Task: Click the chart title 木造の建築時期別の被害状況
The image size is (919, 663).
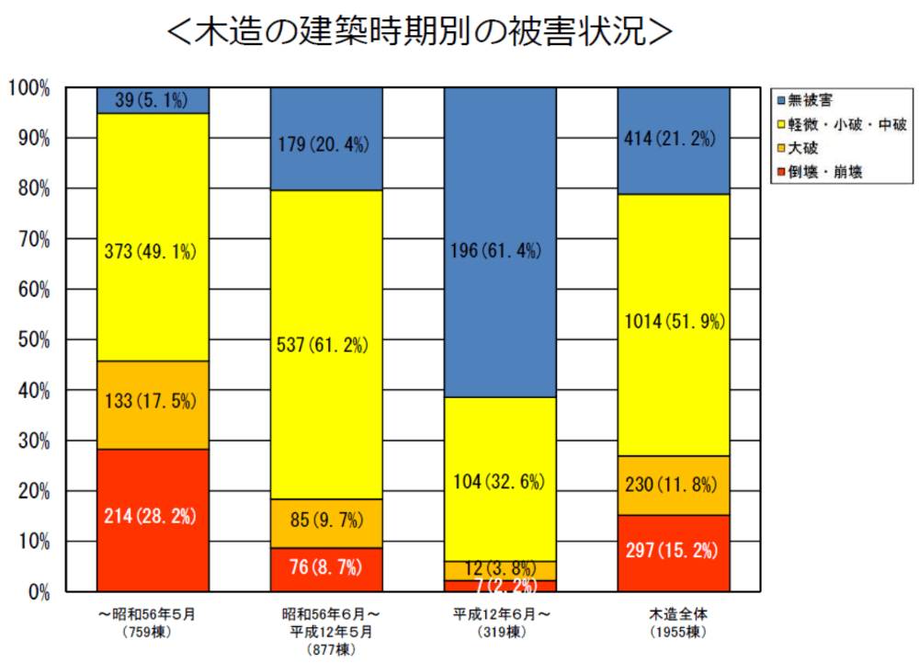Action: pos(420,30)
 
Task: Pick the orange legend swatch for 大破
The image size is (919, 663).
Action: pos(780,147)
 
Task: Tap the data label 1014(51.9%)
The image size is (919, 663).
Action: pos(674,322)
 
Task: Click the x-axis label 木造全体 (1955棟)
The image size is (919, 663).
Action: pos(674,623)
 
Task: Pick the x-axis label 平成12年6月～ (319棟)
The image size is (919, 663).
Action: pos(500,623)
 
